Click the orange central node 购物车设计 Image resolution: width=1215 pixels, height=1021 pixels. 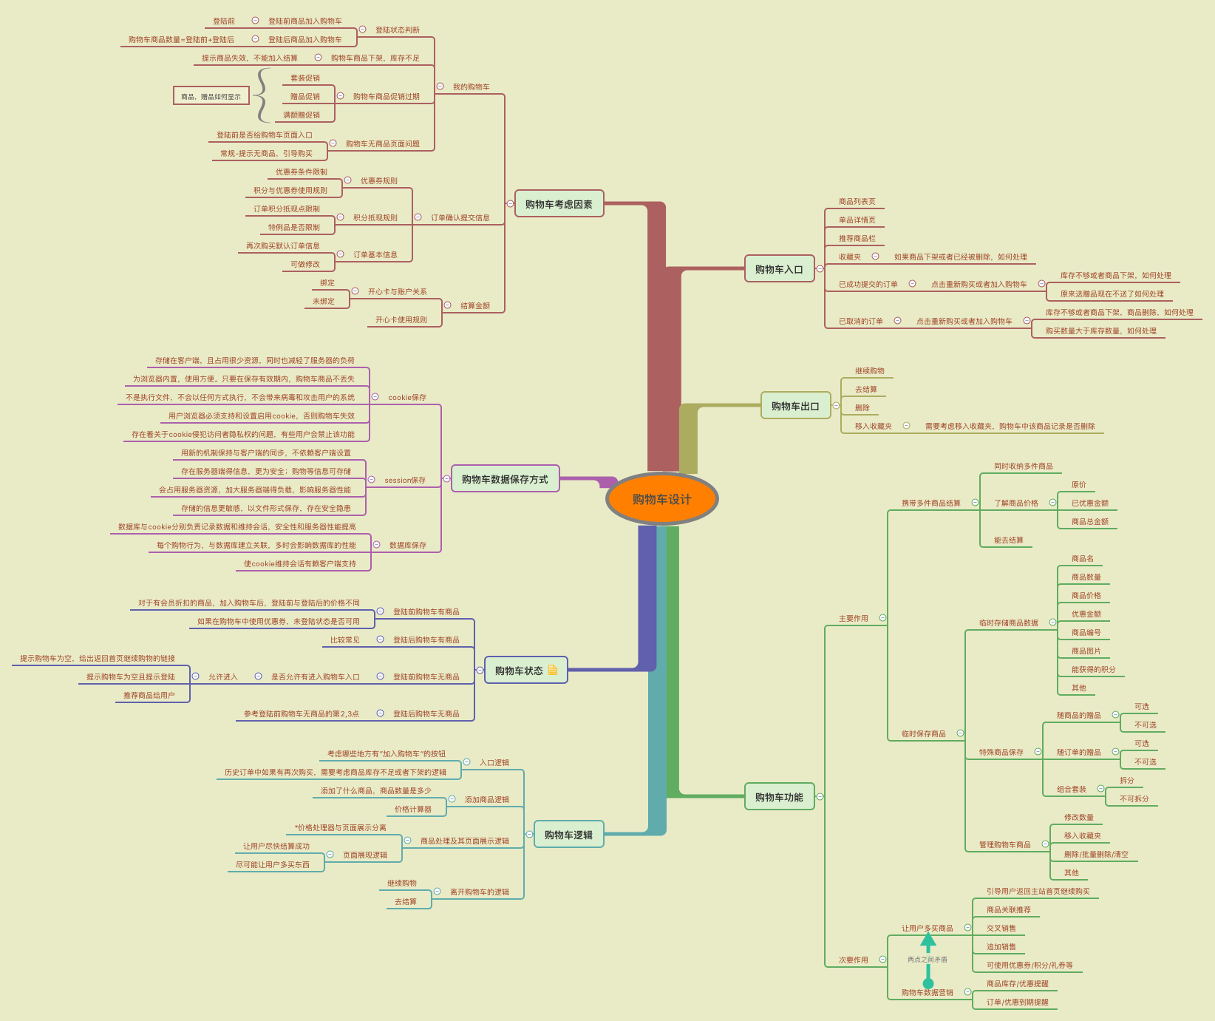tap(661, 499)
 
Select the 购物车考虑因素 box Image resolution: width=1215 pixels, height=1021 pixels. tap(559, 204)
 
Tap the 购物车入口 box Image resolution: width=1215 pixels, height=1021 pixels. tap(779, 269)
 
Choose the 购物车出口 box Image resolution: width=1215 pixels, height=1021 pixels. tap(795, 406)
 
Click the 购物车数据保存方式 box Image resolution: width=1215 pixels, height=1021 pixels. tap(505, 479)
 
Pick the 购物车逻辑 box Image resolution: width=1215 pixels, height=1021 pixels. tap(568, 835)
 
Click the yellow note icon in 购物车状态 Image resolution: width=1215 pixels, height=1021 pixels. tap(553, 670)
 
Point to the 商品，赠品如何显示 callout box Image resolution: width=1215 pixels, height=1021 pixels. tap(211, 96)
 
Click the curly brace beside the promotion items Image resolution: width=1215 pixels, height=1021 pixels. tap(262, 95)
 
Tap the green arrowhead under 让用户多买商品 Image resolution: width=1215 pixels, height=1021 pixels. tap(928, 940)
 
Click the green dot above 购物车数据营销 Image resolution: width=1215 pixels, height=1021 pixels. tap(928, 983)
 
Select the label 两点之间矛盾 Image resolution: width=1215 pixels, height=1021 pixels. tap(928, 960)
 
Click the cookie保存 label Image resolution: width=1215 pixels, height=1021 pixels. tap(407, 397)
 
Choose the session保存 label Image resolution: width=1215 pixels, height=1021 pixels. tap(405, 480)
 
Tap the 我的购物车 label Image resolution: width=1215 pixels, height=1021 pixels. tap(472, 87)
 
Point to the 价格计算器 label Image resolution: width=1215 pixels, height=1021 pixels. tap(413, 809)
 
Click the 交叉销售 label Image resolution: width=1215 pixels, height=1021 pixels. tap(1001, 928)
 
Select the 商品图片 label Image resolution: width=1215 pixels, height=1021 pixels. tap(1086, 651)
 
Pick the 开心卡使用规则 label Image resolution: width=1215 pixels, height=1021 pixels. tap(401, 319)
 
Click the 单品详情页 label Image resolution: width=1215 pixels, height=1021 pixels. tap(857, 220)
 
